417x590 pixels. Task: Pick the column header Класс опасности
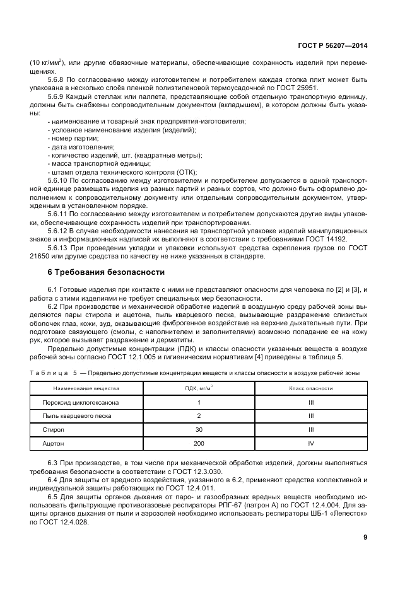pyautogui.click(x=311, y=389)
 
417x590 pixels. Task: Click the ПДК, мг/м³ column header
pyautogui.click(x=199, y=389)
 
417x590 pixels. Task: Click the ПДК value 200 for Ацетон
pyautogui.click(x=199, y=444)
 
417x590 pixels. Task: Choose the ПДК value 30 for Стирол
pyautogui.click(x=199, y=431)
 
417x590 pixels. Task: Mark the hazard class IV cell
pyautogui.click(x=311, y=444)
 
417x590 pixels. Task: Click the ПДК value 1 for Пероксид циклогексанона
pyautogui.click(x=199, y=402)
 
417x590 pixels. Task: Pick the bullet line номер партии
pyautogui.click(x=72, y=138)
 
